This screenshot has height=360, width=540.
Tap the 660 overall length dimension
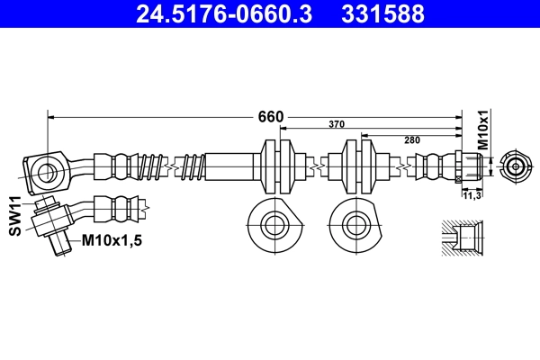(x=271, y=117)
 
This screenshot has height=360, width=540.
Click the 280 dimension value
(x=412, y=139)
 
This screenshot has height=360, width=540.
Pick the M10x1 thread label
(x=482, y=129)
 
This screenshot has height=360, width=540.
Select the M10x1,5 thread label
(x=112, y=240)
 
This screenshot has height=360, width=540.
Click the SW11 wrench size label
(x=15, y=217)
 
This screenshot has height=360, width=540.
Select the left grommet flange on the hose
(x=276, y=167)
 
